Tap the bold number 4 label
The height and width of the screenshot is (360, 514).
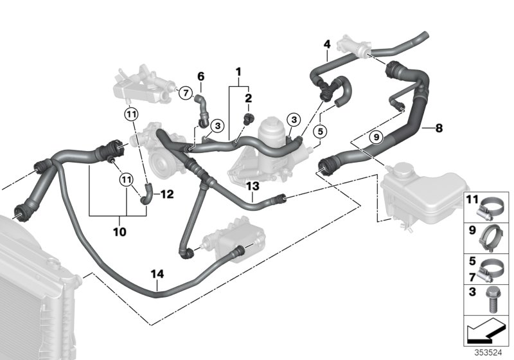click(327, 44)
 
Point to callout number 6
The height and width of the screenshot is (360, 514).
click(200, 76)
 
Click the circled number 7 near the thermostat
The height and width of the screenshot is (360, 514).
click(184, 94)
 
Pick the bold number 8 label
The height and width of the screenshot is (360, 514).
click(439, 128)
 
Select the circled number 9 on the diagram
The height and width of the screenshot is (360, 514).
click(378, 136)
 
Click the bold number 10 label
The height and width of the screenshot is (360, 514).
click(120, 230)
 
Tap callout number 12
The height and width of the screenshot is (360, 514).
click(167, 193)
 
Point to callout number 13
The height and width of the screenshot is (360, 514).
click(253, 186)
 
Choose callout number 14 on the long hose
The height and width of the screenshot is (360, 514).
click(157, 274)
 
